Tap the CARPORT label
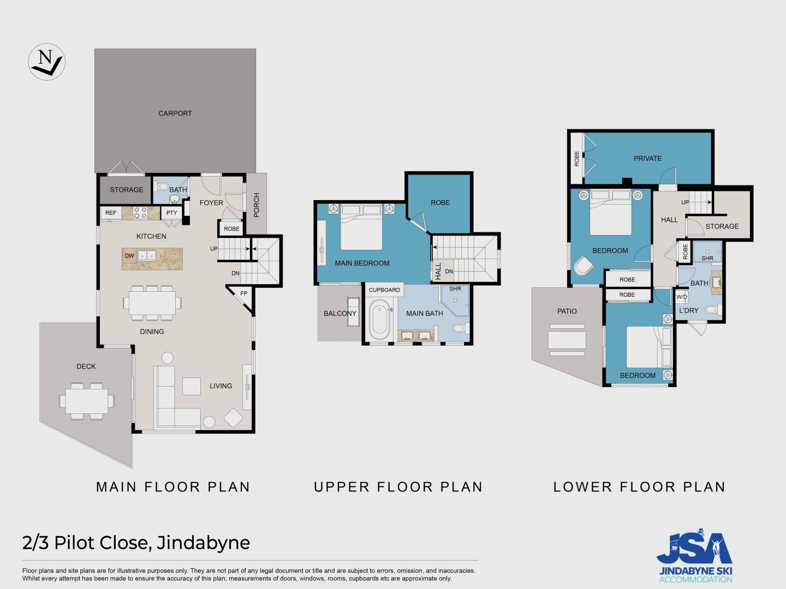pos(175,113)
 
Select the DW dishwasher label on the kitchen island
pos(129,256)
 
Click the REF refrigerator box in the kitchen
pos(111,213)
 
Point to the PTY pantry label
pos(171,213)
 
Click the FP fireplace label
pos(243,293)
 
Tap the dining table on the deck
pos(86,401)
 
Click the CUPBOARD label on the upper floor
pos(384,290)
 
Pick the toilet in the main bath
pos(459,328)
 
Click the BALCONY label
pos(340,314)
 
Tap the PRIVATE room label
pos(647,159)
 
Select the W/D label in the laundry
pos(682,297)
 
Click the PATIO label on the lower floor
pos(567,311)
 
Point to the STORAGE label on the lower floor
pos(722,226)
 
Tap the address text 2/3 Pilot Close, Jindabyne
pos(136,543)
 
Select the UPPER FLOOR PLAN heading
pos(398,487)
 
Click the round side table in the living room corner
pos(209,422)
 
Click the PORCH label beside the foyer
pos(257,205)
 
